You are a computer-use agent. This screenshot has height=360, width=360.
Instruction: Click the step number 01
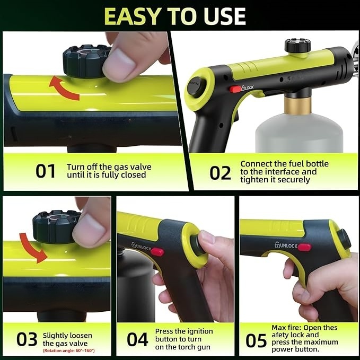point(46,171)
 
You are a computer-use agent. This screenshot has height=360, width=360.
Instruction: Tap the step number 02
point(220,173)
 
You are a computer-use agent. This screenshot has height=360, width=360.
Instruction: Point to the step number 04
point(137,340)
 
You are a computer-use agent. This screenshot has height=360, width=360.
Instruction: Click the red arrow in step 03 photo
point(32,247)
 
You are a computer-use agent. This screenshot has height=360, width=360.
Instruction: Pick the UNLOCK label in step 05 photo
point(286,246)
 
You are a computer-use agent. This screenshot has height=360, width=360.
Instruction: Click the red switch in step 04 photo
point(157,252)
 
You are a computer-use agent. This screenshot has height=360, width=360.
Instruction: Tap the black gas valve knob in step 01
point(85,60)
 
